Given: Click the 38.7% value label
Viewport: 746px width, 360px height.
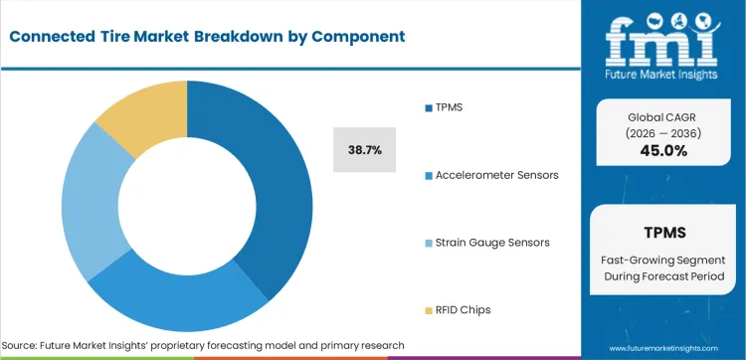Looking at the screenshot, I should click(364, 149).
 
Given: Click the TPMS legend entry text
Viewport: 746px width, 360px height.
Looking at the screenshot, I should click(451, 106).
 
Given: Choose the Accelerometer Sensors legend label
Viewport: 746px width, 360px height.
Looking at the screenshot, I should click(496, 174).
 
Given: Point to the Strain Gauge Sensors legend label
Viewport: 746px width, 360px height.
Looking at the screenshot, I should click(492, 242).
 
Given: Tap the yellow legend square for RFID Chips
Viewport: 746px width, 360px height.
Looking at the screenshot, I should click(428, 309).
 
